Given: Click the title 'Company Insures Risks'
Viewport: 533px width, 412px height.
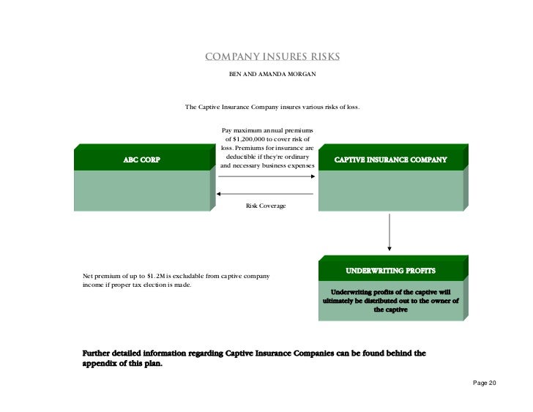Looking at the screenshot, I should coord(272,58).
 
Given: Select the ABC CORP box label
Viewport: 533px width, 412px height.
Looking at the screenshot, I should coord(141,159).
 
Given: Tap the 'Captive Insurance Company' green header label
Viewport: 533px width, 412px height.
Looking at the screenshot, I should coord(390,159).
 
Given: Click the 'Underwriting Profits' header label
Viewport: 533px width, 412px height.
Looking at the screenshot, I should coord(390,271).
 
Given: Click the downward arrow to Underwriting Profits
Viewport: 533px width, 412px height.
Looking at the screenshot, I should coord(390,234).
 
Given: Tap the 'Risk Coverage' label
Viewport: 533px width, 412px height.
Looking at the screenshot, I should coord(266,206).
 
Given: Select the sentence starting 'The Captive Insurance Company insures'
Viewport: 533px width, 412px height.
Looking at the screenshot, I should coord(272,108).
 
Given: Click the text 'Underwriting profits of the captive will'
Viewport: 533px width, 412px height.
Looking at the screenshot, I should coord(390,292).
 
